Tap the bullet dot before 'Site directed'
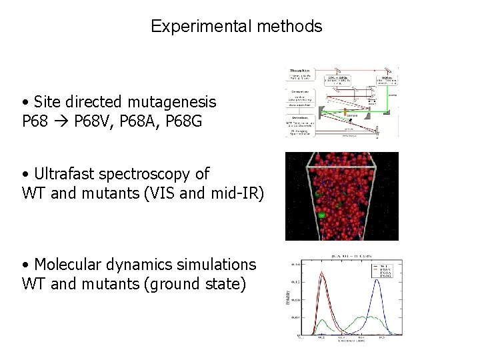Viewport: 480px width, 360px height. click(x=25, y=103)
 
